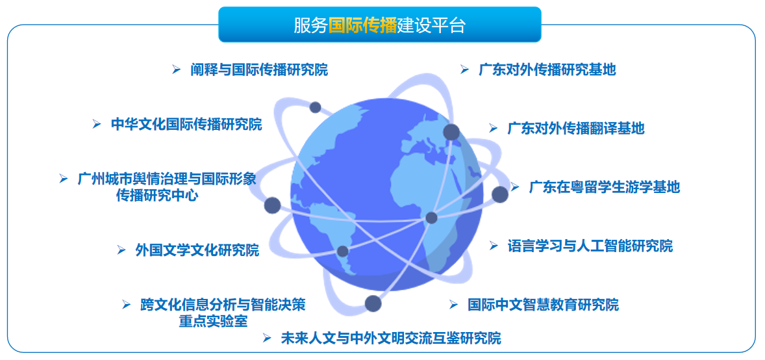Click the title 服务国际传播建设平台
click(380, 25)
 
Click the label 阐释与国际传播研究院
click(259, 70)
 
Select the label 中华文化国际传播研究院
click(186, 124)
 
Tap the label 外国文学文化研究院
click(197, 250)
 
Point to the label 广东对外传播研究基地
click(547, 70)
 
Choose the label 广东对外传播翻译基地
click(575, 128)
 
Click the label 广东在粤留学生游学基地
click(604, 187)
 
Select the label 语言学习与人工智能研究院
click(590, 246)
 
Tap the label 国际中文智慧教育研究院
click(543, 304)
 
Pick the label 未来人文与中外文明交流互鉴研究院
click(390, 338)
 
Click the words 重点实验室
click(213, 321)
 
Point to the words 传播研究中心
click(157, 195)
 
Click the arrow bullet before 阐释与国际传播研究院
click(176, 70)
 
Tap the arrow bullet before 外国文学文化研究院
click(121, 250)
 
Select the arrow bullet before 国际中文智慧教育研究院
click(454, 304)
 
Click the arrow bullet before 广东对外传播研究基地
click(464, 70)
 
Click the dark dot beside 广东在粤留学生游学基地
click(499, 194)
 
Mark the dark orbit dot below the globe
click(373, 303)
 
